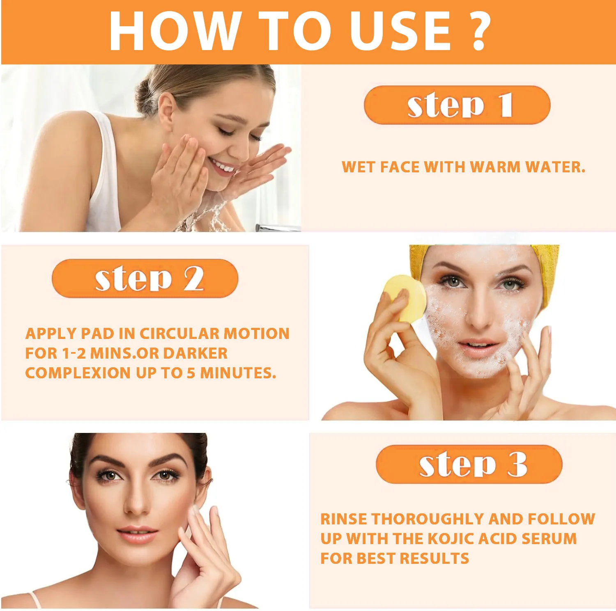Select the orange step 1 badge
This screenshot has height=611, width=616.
pos(457,105)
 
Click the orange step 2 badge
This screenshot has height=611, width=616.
pos(145,278)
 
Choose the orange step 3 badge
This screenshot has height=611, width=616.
pos(469,464)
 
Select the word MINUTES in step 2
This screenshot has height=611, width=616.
pos(238,373)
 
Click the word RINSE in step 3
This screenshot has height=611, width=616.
pos(344,519)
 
